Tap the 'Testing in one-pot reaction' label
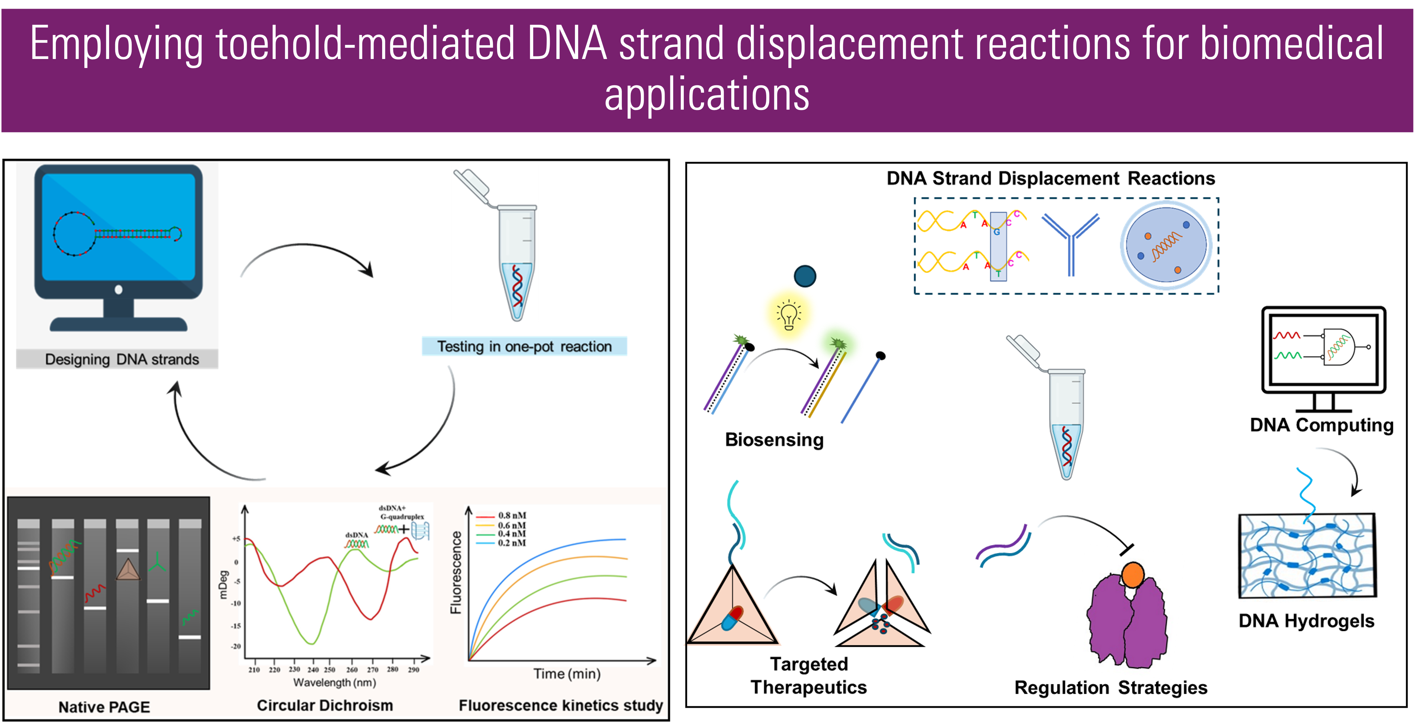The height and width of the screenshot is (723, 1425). click(524, 347)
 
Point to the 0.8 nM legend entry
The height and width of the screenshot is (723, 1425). click(512, 516)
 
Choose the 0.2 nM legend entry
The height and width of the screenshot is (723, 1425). click(512, 543)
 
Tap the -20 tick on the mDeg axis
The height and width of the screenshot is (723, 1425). click(236, 646)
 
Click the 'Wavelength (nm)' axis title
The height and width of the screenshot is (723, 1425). click(335, 683)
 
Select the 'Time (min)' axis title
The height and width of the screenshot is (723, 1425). click(567, 674)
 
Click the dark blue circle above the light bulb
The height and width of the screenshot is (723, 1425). click(805, 276)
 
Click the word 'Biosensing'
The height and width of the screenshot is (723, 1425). click(775, 440)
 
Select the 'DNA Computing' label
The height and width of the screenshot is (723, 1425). click(1322, 425)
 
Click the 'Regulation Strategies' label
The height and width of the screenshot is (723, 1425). click(1111, 688)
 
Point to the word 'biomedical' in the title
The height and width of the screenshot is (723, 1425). click(1292, 44)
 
